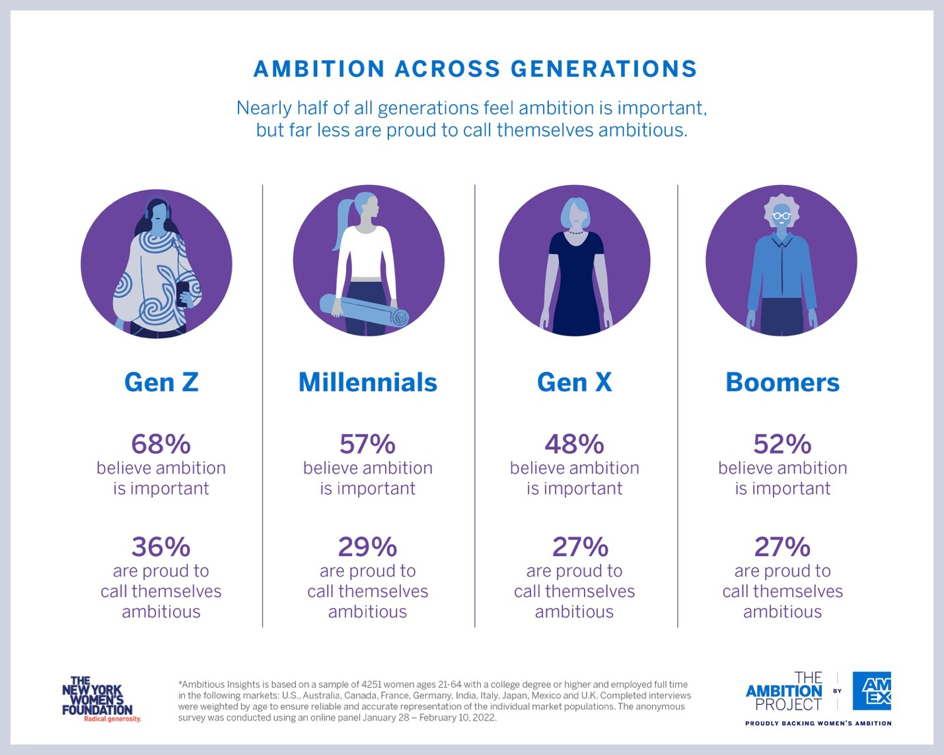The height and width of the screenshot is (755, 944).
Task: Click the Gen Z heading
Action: click(x=161, y=382)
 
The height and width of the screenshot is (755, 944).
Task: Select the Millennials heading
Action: click(x=368, y=382)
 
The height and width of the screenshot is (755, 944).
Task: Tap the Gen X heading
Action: click(x=575, y=382)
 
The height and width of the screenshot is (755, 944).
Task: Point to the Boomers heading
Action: click(x=782, y=382)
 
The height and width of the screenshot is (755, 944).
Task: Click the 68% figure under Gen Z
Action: click(x=161, y=444)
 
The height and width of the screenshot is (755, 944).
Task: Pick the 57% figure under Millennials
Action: click(x=368, y=444)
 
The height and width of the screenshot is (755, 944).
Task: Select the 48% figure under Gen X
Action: click(x=575, y=444)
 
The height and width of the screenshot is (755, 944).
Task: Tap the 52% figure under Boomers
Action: click(x=782, y=444)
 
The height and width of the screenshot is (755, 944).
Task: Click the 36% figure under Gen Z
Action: click(x=161, y=547)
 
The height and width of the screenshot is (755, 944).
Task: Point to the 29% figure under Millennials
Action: click(x=368, y=547)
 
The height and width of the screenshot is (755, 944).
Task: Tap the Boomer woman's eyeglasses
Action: click(x=781, y=216)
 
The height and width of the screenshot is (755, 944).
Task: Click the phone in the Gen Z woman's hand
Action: click(x=182, y=293)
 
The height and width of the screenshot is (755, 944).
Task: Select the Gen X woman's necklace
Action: click(x=575, y=232)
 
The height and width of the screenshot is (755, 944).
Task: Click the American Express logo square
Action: click(x=872, y=691)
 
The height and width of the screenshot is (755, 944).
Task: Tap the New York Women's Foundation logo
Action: click(x=98, y=699)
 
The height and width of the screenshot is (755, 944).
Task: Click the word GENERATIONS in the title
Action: click(x=604, y=69)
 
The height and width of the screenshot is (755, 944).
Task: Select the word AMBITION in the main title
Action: click(x=319, y=69)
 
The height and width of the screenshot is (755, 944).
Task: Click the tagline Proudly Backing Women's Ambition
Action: click(x=818, y=723)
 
